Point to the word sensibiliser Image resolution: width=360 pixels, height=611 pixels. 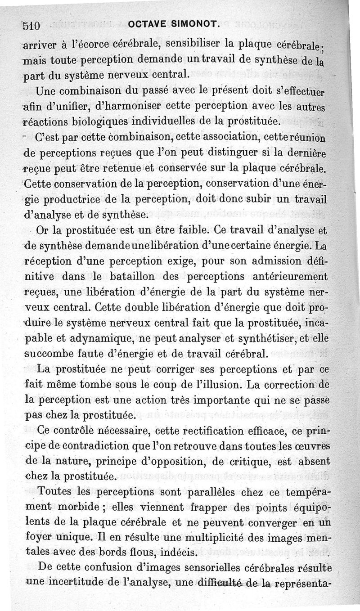[x=193, y=44]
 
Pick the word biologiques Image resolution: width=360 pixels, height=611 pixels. [x=90, y=121]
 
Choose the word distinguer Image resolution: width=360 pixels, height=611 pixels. [x=215, y=153]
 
